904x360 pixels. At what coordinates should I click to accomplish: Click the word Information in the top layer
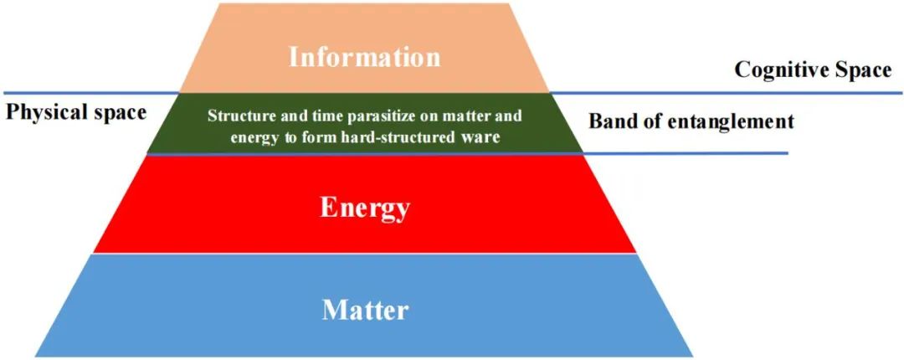[365, 57]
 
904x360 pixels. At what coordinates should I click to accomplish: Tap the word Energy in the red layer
[365, 208]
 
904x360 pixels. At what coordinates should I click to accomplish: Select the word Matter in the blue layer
[365, 310]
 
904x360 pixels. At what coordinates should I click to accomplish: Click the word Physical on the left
[44, 112]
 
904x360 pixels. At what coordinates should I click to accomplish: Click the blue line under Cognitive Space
[727, 93]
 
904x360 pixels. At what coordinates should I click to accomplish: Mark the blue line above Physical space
[91, 93]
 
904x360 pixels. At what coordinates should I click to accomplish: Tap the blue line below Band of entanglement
[685, 153]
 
